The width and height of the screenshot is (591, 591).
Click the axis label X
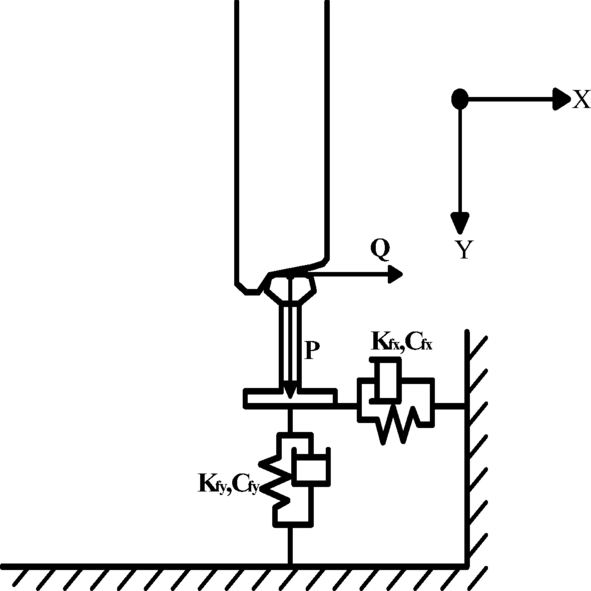pyautogui.click(x=580, y=99)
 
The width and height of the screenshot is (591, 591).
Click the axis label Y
pyautogui.click(x=463, y=250)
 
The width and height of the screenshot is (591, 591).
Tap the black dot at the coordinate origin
pyautogui.click(x=460, y=98)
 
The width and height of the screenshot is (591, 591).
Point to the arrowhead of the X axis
pyautogui.click(x=560, y=98)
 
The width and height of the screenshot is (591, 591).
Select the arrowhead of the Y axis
pyautogui.click(x=460, y=222)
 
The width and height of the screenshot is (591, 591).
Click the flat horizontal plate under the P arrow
pyautogui.click(x=289, y=399)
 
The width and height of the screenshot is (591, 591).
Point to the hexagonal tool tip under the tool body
pyautogui.click(x=289, y=288)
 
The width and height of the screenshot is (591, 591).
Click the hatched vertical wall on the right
pyautogui.click(x=477, y=450)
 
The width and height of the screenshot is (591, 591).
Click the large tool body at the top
pyautogui.click(x=283, y=130)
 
